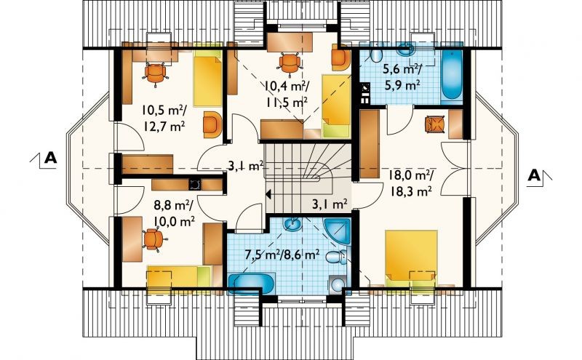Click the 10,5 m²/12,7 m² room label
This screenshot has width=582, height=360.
tap(164, 118)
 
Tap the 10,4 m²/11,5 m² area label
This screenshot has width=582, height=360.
tap(287, 94)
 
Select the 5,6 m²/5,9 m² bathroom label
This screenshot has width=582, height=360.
tap(402, 77)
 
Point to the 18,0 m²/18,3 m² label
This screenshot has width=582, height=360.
tap(410, 183)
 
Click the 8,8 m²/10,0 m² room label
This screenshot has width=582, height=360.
tap(174, 213)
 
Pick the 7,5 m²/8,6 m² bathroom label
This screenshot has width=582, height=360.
tap(282, 255)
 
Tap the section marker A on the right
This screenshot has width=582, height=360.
tap(534, 175)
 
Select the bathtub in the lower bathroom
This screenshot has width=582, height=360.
tap(251, 284)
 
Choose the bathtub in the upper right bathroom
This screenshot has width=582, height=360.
tap(451, 75)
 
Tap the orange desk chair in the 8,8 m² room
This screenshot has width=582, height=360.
tap(153, 239)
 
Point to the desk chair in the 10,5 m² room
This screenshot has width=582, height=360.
tap(156, 73)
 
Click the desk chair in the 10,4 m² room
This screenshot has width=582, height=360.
tap(289, 63)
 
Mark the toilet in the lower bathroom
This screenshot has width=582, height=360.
tap(337, 257)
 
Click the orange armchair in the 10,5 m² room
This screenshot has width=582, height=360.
tap(212, 124)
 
